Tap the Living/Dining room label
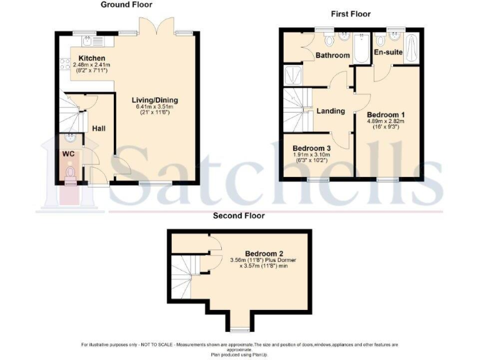154,100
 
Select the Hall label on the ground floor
99,128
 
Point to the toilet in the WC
70,172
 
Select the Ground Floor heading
127,4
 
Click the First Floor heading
350,14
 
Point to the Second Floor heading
239,216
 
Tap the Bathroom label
332,56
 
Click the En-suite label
387,52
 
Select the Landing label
331,111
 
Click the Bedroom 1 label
386,115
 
